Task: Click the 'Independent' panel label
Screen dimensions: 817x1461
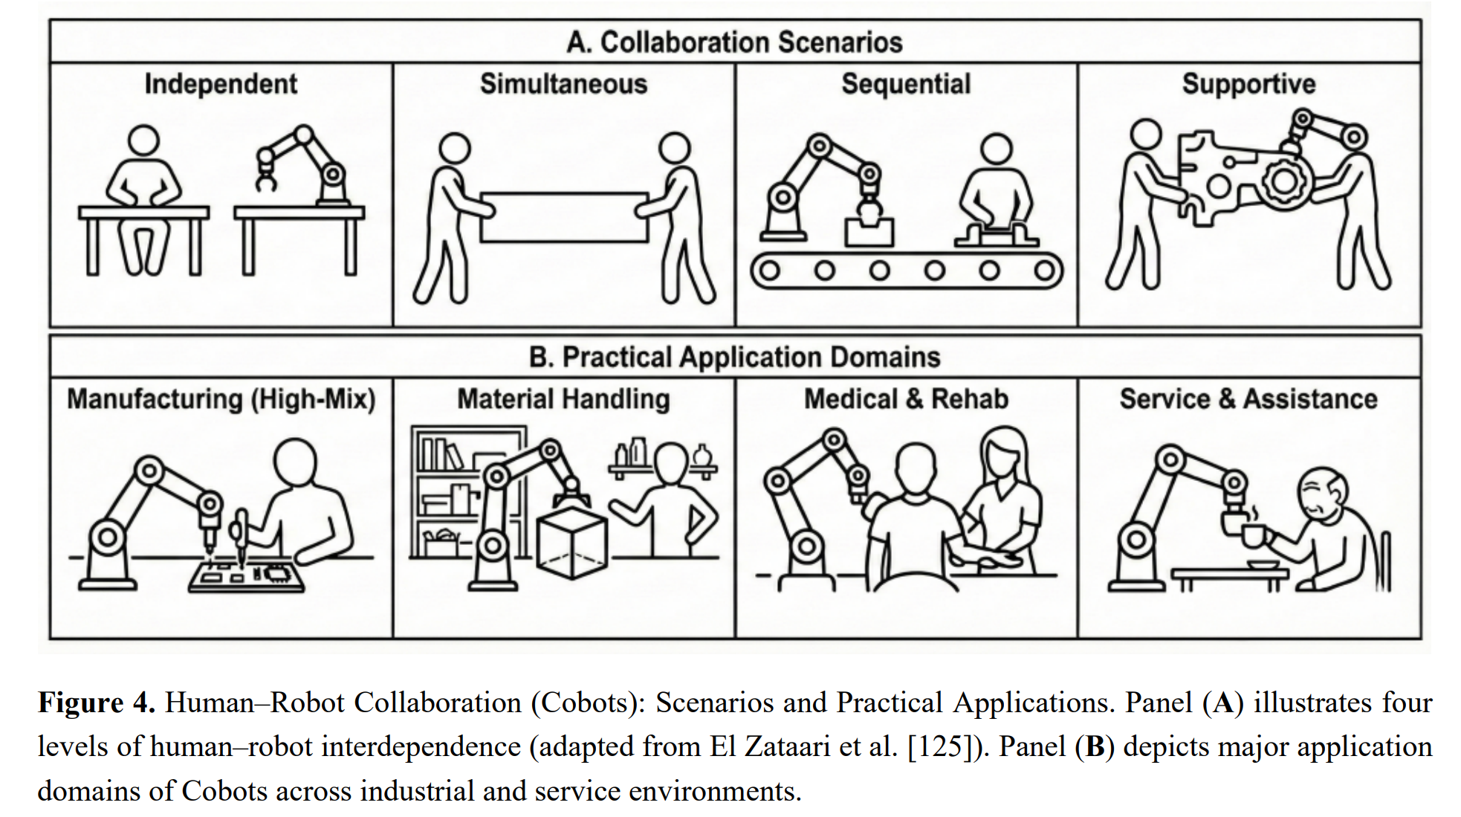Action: [x=221, y=84]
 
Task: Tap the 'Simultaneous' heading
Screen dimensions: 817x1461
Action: [x=563, y=84]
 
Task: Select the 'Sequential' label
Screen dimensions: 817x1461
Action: [x=906, y=84]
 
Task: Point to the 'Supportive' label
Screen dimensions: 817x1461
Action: [x=1248, y=84]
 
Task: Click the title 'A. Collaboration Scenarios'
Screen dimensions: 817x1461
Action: [x=734, y=42]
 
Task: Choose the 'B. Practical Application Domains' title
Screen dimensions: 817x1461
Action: [x=734, y=358]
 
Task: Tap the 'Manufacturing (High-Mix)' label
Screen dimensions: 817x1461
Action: [x=221, y=399]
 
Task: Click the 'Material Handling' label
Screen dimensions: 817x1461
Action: [x=563, y=399]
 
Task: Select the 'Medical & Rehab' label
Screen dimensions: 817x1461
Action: [x=906, y=399]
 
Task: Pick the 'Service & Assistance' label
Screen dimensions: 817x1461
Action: [x=1248, y=399]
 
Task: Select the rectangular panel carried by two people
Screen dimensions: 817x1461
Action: [x=563, y=217]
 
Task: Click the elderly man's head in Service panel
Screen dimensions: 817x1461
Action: [x=1322, y=493]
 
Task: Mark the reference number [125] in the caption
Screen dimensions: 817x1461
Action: [x=940, y=746]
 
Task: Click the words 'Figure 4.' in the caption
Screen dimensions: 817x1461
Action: [x=96, y=703]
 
